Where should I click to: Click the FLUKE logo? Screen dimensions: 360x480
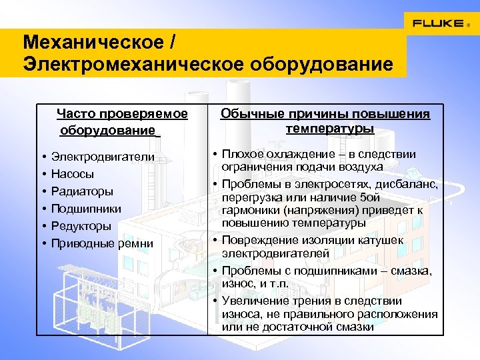pyautogui.click(x=438, y=23)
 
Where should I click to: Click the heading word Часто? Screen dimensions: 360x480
pyautogui.click(x=73, y=114)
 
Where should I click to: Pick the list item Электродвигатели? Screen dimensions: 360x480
pyautogui.click(x=103, y=157)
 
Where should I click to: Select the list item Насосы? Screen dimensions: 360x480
pyautogui.click(x=73, y=174)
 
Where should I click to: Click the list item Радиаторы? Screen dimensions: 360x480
pyautogui.click(x=77, y=191)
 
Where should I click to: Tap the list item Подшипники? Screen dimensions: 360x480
pyautogui.click(x=81, y=209)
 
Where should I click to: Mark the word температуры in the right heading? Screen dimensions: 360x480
pyautogui.click(x=330, y=127)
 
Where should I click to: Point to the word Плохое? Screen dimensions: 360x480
pyautogui.click(x=244, y=154)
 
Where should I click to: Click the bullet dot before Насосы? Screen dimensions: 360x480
pyautogui.click(x=42, y=174)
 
